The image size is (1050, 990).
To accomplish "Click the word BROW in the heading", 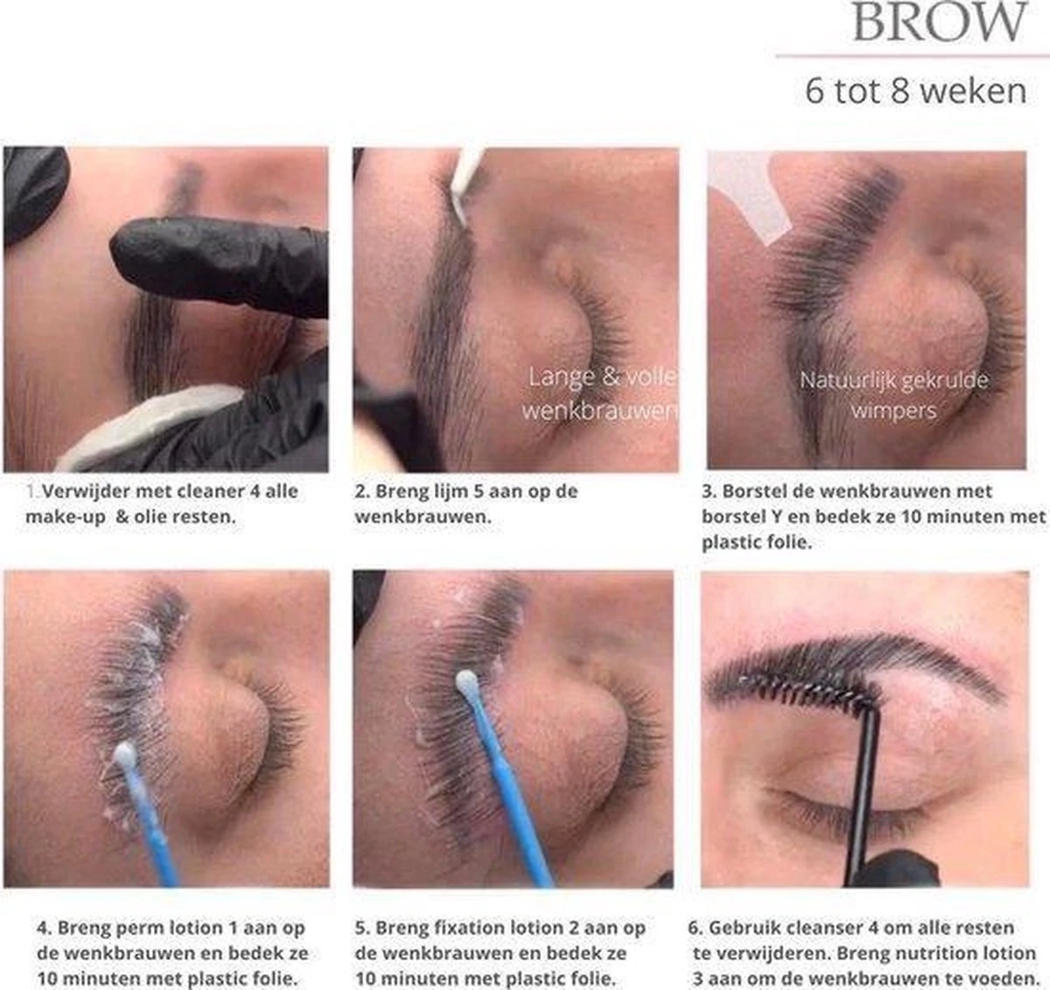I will [939, 23].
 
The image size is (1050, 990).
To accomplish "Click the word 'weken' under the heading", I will [975, 91].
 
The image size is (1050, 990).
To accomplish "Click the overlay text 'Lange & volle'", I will [602, 378].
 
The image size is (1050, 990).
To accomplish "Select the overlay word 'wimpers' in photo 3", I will [893, 409].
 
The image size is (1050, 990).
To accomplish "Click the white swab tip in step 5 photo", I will [466, 681].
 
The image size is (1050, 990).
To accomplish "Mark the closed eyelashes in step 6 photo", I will [822, 809].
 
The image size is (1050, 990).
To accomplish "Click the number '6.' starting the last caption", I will [696, 927].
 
